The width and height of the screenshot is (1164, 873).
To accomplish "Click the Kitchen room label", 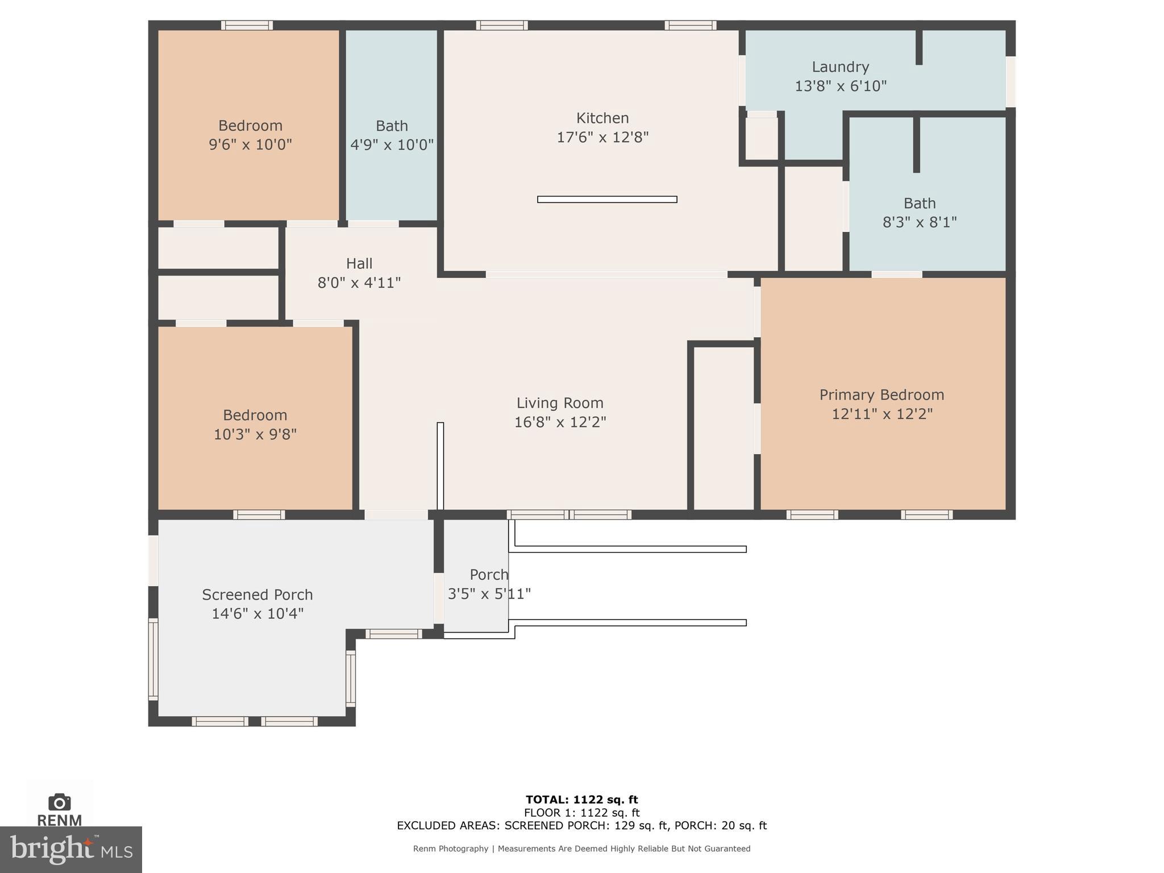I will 602,118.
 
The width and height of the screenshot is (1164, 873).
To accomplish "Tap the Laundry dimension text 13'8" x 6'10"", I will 840,86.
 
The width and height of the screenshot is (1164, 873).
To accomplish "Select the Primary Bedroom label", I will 882,395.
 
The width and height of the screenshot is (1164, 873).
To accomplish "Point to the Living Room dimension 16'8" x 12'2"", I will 560,422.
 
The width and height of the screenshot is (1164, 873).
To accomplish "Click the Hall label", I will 359,264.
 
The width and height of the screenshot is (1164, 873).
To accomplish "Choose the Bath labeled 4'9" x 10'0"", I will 392,135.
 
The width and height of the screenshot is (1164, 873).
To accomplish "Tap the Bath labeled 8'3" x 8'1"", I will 919,212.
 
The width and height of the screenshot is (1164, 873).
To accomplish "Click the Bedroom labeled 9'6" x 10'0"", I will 250,135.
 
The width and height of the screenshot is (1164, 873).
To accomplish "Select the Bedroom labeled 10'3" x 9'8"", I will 255,424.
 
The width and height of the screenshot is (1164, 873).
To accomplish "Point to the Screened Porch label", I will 257,595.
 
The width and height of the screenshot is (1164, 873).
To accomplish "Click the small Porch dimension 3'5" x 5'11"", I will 489,594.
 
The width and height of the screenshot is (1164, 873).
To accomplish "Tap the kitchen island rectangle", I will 606,199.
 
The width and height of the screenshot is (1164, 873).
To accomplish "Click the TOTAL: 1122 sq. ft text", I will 581,800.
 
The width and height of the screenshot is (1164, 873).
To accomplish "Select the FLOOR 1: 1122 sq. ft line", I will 581,813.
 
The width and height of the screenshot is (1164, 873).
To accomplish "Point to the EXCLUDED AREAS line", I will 581,825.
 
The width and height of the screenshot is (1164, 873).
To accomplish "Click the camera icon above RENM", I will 59,802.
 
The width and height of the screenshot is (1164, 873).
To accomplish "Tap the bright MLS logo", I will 70,849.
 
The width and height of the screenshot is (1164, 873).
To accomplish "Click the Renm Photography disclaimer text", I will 581,849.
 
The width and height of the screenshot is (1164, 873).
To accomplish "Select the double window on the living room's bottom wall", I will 569,515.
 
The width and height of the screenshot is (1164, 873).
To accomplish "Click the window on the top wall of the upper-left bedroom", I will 247,25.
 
